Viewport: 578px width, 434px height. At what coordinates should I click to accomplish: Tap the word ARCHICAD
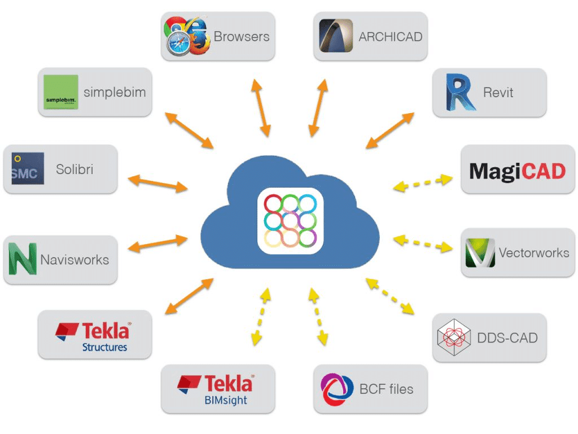pos(391,37)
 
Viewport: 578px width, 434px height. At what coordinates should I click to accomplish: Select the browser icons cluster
pos(186,36)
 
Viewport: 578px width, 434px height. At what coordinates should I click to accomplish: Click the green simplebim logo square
pos(61,93)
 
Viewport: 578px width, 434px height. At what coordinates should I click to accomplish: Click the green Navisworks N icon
pos(22,259)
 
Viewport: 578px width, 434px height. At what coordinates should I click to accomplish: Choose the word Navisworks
pos(75,260)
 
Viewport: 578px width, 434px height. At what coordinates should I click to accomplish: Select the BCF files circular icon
pos(336,389)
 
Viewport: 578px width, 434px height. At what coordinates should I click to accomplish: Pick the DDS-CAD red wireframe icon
pos(454,337)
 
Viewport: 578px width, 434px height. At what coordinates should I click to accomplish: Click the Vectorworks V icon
pos(480,253)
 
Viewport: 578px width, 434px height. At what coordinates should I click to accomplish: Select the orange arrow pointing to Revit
pos(390,131)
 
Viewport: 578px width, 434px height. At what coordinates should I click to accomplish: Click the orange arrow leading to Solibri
pos(157,183)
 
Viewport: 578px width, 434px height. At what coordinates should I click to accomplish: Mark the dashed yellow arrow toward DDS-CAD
pos(391,295)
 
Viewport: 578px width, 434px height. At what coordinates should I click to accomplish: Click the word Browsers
pos(242,37)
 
